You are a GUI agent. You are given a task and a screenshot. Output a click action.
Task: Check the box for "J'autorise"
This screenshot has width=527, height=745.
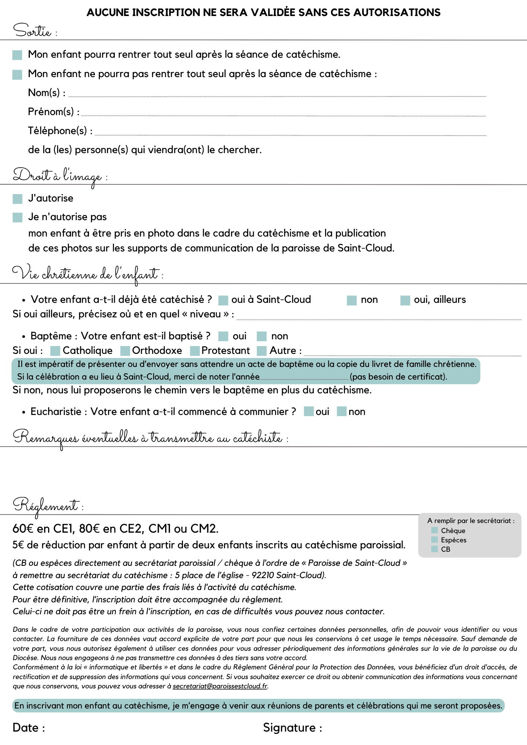[x=18, y=199]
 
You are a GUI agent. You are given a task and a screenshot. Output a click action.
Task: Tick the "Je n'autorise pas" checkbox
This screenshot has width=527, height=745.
[x=18, y=218]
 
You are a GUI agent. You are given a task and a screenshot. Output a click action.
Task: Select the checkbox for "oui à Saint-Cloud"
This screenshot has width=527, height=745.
[x=223, y=300]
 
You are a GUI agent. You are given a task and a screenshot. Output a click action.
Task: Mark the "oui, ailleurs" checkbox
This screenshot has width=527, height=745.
[x=405, y=300]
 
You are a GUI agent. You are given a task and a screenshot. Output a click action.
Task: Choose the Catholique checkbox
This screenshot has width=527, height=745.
[x=55, y=351]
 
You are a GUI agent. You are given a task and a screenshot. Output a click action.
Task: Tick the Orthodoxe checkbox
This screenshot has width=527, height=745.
[x=125, y=351]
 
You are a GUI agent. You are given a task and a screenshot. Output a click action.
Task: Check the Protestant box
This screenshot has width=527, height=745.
[x=195, y=351]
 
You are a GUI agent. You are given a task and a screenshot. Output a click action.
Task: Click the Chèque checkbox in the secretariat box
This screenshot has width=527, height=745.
[x=434, y=530]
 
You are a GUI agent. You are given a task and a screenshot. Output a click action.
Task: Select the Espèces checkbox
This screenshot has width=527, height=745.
[x=434, y=540]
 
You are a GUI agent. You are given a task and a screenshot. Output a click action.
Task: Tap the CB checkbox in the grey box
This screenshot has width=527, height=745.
[x=434, y=549]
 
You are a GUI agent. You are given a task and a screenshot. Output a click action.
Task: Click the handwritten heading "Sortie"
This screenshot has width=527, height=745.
[x=32, y=31]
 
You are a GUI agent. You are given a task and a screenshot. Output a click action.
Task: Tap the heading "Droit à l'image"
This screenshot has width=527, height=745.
[x=57, y=175]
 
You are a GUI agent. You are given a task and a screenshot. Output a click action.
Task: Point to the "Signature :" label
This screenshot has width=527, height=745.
[x=293, y=728]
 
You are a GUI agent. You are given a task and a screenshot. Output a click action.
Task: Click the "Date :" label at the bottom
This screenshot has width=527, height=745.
[x=29, y=728]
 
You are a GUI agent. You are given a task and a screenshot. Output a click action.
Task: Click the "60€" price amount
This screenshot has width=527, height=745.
[x=23, y=529]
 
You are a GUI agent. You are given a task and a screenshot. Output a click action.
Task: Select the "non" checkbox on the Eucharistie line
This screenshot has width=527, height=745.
[x=342, y=412]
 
